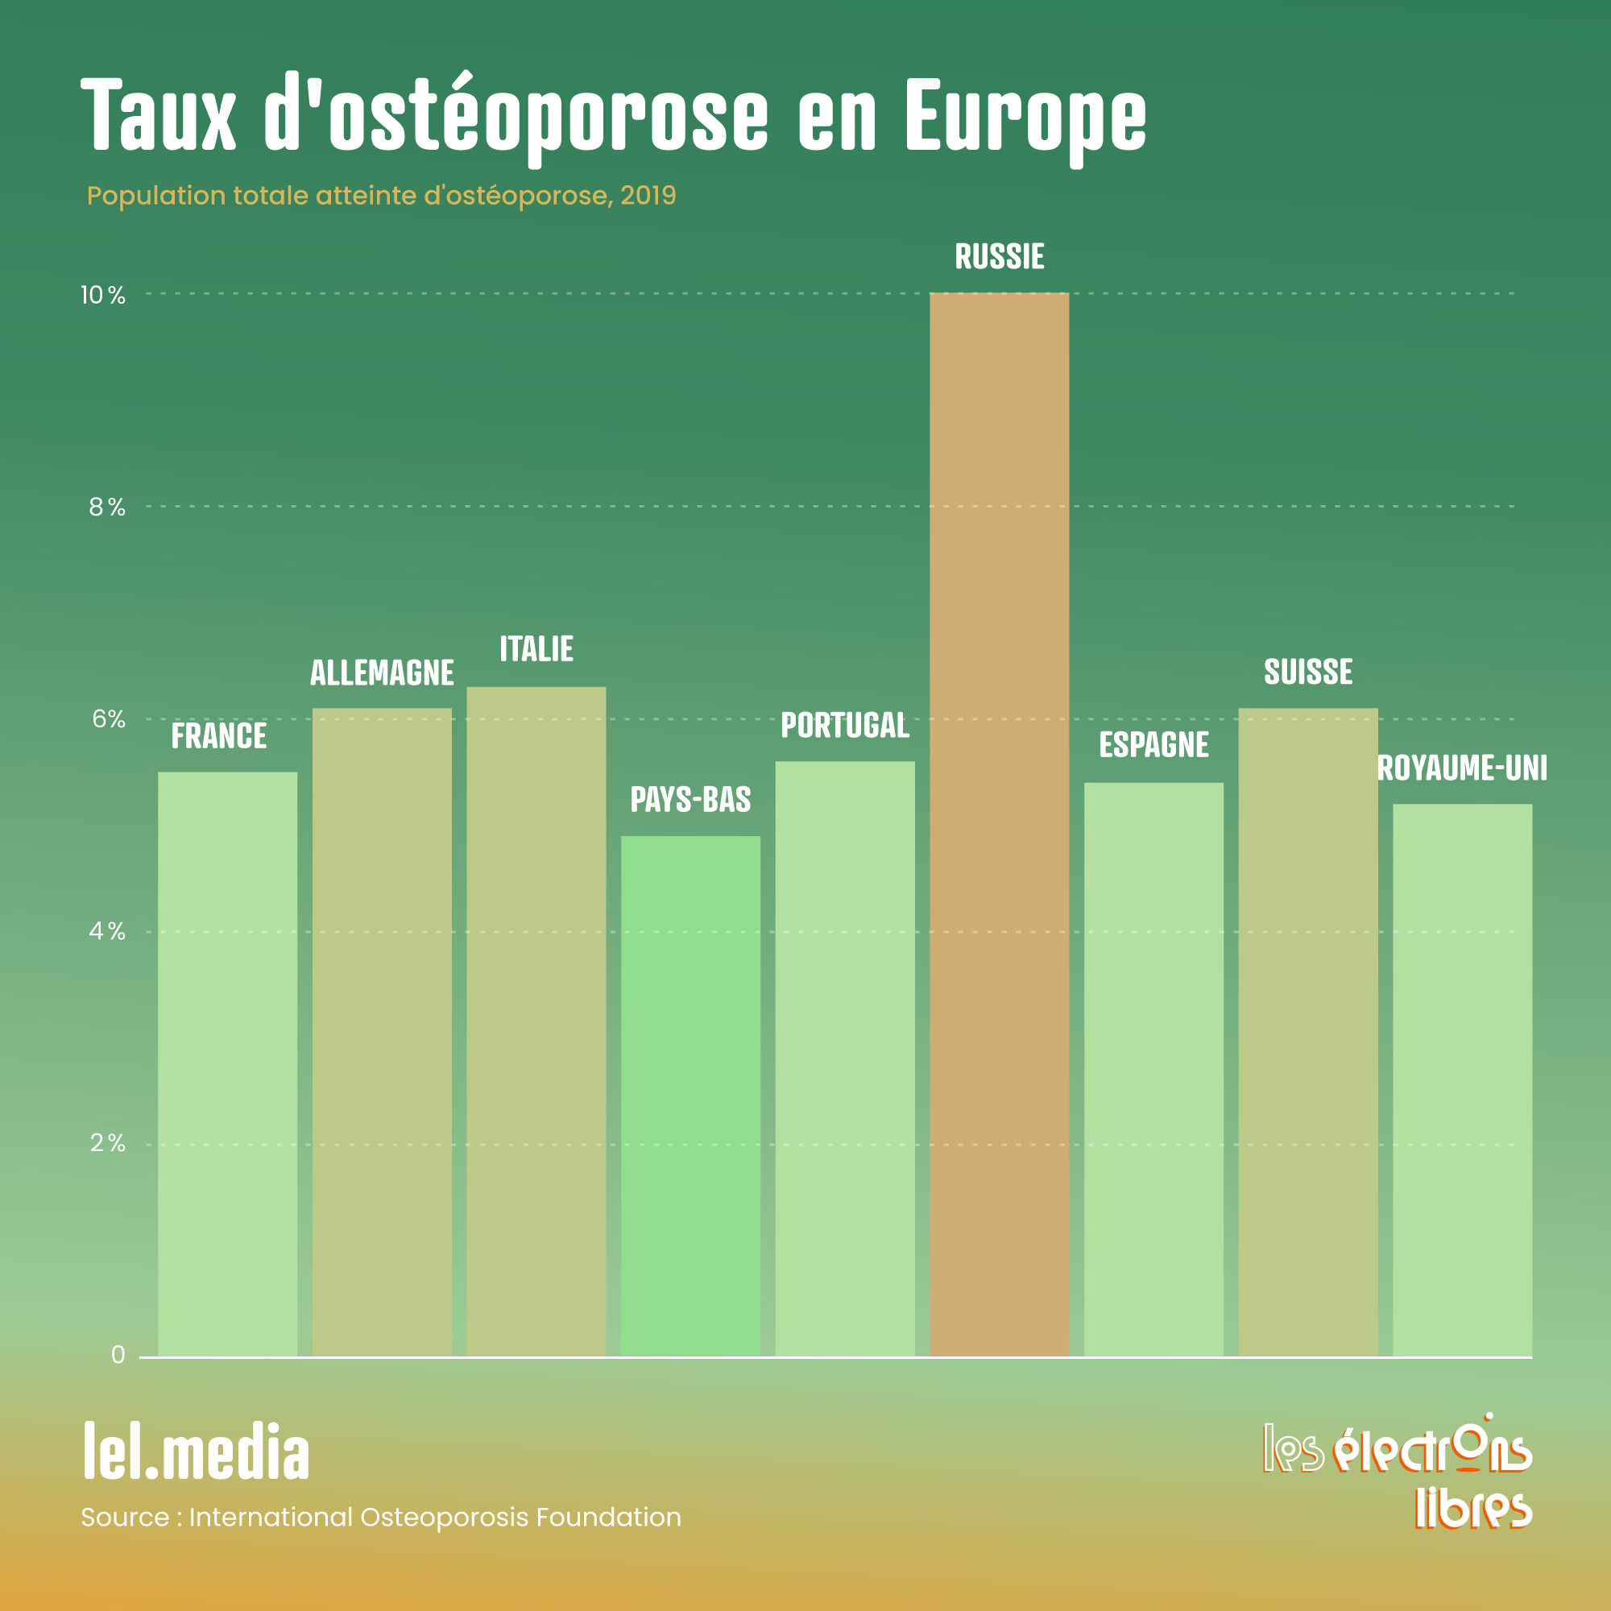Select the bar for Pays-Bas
coord(690,1095)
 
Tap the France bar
coord(228,1064)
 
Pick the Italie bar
coord(536,1021)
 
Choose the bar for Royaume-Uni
coord(1462,1080)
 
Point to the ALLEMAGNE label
coord(382,673)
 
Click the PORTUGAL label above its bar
coord(845,726)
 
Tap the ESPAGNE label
coord(1153,744)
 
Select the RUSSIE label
coord(999,257)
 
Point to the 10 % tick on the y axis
coord(102,295)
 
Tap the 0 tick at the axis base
coord(118,1355)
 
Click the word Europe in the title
coord(1025,117)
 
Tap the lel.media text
coord(197,1453)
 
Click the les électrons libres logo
coord(1398,1472)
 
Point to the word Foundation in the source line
coord(609,1518)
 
